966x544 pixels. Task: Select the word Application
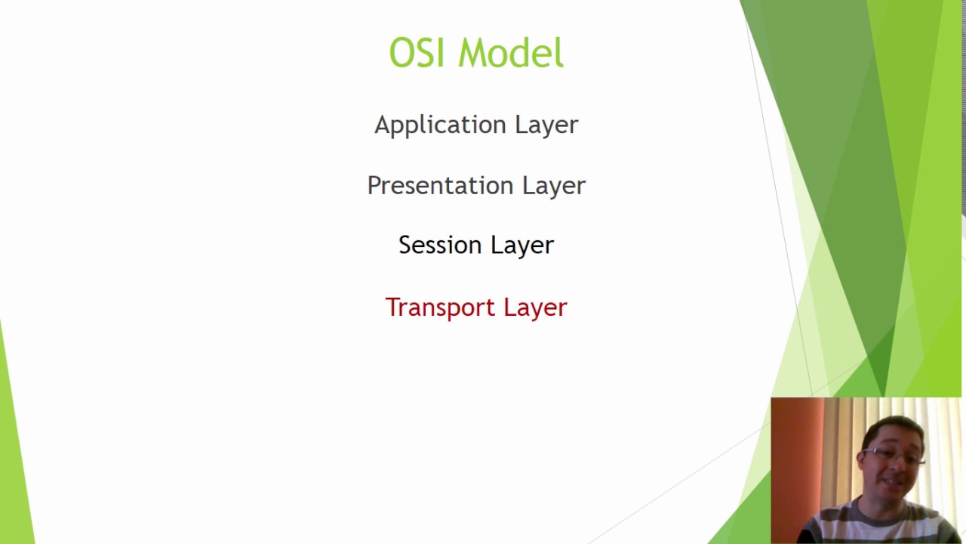coord(441,125)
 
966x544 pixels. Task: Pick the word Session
coord(440,246)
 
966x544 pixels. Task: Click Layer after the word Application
coord(546,125)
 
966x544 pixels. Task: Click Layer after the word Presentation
coord(554,186)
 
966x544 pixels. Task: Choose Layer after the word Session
coord(522,246)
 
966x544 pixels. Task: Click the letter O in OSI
coord(401,54)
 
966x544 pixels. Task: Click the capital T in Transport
coord(392,307)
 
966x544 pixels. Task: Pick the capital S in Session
coord(405,245)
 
